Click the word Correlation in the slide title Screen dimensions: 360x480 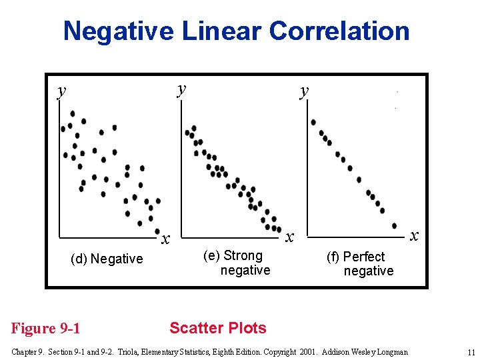[x=339, y=31]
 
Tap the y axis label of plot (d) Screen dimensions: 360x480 [x=61, y=90]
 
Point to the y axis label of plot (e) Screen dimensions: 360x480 [x=181, y=88]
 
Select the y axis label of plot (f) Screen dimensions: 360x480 [x=304, y=90]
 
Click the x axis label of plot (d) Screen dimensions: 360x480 [x=166, y=238]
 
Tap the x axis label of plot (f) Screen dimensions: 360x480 [x=414, y=235]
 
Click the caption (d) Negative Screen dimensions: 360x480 [x=107, y=259]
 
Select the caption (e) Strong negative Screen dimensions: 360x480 [x=237, y=263]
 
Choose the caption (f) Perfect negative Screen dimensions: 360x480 [x=360, y=263]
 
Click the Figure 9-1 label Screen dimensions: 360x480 [x=46, y=328]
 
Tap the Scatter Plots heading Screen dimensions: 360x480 [x=218, y=328]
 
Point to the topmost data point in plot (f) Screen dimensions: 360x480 [x=313, y=122]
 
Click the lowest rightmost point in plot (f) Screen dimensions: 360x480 [x=395, y=225]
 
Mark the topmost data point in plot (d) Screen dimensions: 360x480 [x=72, y=113]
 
